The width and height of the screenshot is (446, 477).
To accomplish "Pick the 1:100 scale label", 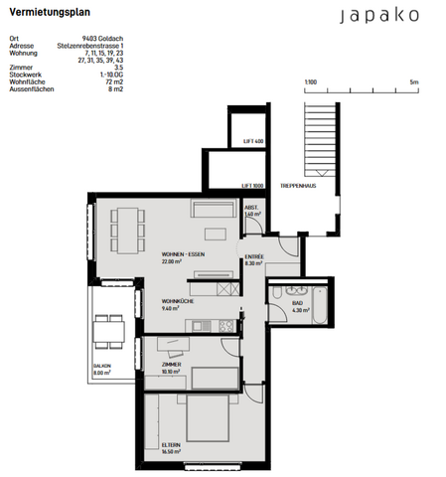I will coord(310,81).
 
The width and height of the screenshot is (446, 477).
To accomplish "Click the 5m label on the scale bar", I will coord(414,81).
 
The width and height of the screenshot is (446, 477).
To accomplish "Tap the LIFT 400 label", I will coord(254,141).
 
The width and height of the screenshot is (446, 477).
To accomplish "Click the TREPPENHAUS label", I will coord(297,186).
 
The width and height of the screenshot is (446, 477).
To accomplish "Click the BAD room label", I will coord(297,304).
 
